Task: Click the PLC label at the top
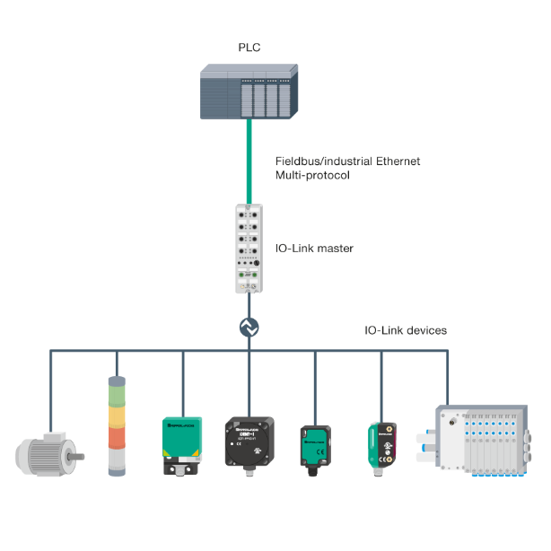(x=249, y=47)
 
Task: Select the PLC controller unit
(x=248, y=92)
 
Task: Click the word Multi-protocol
(x=312, y=176)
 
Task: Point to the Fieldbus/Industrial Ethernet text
(x=348, y=162)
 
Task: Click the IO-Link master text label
(x=315, y=248)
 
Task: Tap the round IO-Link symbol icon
(x=249, y=329)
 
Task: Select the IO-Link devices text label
(x=405, y=330)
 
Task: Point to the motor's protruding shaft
(x=81, y=456)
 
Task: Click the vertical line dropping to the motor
(x=50, y=386)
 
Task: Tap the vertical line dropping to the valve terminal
(x=447, y=377)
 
